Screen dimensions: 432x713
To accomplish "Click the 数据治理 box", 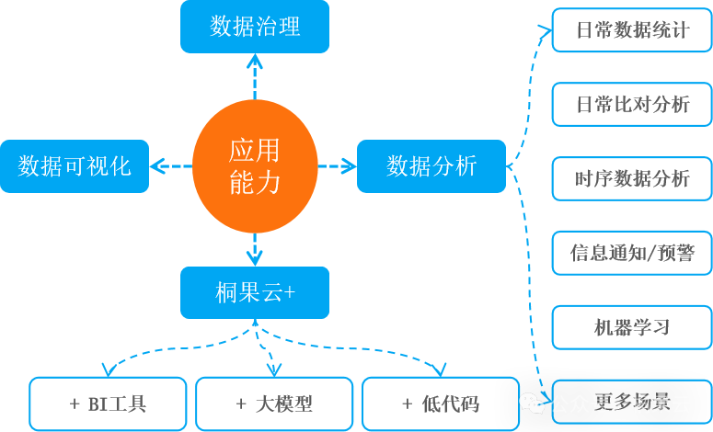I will coord(254,26).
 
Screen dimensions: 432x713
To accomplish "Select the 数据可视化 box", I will coord(74,166).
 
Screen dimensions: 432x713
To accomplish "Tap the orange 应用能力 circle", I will coord(255,166).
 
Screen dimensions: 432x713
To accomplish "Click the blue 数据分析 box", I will coord(431,166).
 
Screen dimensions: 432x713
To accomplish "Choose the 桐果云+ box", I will coord(254,292).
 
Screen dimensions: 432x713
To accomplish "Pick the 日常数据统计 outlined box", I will coord(631,30).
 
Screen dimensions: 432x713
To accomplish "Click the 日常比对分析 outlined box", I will coord(631,104).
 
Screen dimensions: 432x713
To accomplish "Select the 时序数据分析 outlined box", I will coord(631,178).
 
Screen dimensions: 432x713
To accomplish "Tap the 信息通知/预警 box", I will coord(631,253).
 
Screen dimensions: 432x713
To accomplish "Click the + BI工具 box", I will coord(108,404).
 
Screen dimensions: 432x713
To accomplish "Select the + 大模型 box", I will coord(274,404).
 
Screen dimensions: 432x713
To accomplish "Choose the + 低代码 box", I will coord(440,404).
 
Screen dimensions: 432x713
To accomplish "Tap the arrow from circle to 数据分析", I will coord(337,166).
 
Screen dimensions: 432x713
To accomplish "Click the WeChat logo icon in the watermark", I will coord(532,402).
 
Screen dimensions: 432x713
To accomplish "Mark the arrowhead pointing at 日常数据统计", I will coord(544,30).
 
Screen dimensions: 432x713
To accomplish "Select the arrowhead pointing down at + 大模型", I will coord(273,369).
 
